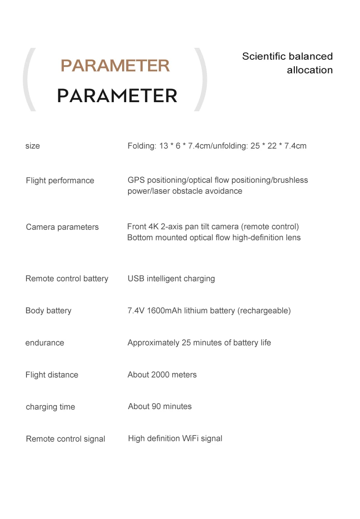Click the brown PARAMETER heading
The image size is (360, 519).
click(115, 66)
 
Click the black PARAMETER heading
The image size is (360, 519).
click(117, 96)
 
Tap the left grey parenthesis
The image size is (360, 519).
click(29, 80)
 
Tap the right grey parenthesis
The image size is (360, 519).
click(201, 80)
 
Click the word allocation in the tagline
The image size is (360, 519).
click(309, 70)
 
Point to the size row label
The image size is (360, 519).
click(32, 146)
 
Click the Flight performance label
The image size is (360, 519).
click(60, 181)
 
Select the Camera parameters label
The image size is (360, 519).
click(62, 227)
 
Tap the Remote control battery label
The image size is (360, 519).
click(67, 279)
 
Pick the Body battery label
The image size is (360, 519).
click(48, 311)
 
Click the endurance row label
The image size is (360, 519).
click(45, 343)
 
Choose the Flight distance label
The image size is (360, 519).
click(51, 375)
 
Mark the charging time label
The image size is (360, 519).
click(50, 407)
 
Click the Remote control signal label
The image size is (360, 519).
click(65, 439)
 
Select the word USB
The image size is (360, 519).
click(136, 279)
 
